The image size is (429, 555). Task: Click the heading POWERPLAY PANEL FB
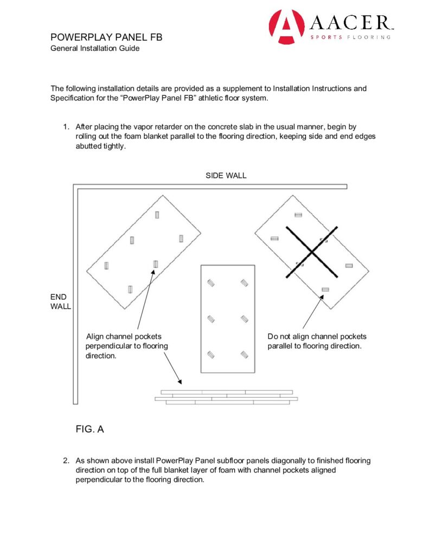[106, 37]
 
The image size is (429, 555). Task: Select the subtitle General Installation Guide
[95, 48]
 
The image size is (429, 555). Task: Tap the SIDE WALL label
[226, 176]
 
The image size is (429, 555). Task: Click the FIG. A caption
[89, 429]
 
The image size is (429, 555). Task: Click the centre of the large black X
[312, 253]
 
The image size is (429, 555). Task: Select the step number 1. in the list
[66, 127]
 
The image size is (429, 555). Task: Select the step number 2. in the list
[66, 461]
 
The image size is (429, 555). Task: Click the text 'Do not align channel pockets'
[317, 337]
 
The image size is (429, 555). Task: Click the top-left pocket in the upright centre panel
[211, 283]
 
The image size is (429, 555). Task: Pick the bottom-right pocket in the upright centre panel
[245, 355]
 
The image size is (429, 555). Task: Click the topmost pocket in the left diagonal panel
[157, 215]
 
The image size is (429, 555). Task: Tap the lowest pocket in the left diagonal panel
[130, 289]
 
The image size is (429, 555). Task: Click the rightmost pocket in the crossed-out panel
[349, 266]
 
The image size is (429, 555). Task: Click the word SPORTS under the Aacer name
[325, 37]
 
